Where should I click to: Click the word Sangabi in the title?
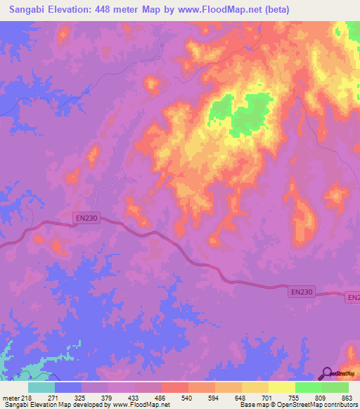tap(32, 10)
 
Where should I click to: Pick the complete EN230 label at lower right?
tap(301, 290)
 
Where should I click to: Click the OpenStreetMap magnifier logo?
tap(326, 373)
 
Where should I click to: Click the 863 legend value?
tap(347, 397)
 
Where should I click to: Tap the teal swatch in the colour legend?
tap(41, 387)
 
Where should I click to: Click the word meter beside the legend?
tap(11, 397)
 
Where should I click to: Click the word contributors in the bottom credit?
tap(337, 405)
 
